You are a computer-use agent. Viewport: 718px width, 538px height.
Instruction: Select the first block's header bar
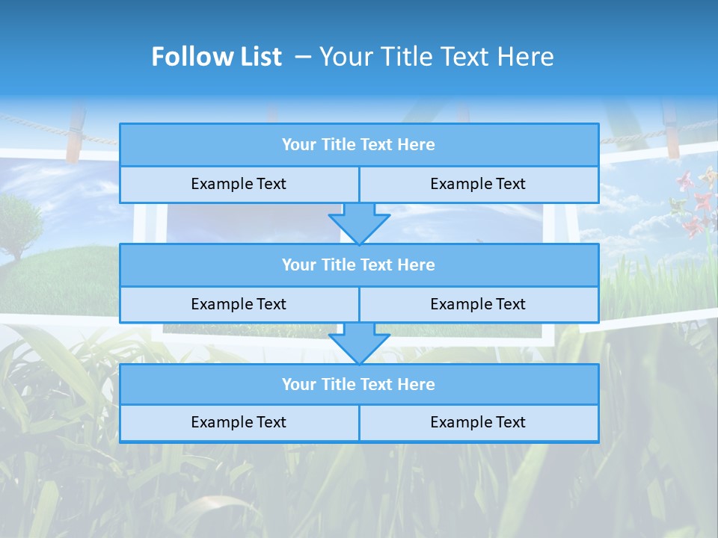click(359, 145)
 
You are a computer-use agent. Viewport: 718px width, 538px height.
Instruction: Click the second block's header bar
click(359, 265)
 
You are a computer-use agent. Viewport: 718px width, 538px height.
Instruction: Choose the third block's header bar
click(359, 385)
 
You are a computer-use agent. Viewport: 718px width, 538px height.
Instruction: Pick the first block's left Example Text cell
click(239, 184)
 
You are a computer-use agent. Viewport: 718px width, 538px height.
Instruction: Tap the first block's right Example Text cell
click(478, 184)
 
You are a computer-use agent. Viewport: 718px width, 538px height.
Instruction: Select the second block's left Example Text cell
click(239, 304)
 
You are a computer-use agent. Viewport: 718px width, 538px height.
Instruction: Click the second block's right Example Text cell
click(478, 304)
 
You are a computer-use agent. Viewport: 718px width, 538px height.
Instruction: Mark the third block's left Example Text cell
click(239, 423)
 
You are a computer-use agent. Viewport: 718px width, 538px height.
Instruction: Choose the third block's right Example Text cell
click(478, 423)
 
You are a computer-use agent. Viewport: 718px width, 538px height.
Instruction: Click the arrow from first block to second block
click(359, 223)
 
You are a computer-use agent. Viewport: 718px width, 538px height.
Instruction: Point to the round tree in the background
click(16, 220)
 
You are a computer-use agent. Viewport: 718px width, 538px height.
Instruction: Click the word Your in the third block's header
click(298, 385)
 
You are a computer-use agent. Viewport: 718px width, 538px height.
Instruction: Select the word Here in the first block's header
click(417, 145)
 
